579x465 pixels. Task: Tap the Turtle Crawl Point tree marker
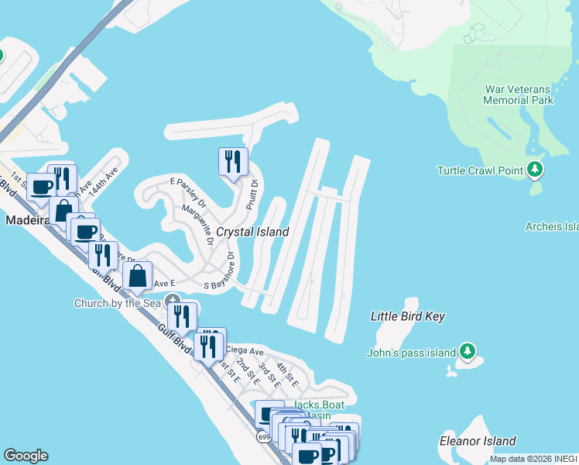[x=535, y=170]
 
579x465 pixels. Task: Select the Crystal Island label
[x=252, y=232]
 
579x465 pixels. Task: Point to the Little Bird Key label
[x=408, y=316]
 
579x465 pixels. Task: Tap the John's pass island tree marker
[x=467, y=352]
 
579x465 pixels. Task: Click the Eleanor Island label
[x=478, y=441]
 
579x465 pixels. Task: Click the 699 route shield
[x=264, y=437]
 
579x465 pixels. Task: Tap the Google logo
[x=26, y=456]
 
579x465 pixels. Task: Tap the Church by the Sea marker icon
[x=173, y=301]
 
